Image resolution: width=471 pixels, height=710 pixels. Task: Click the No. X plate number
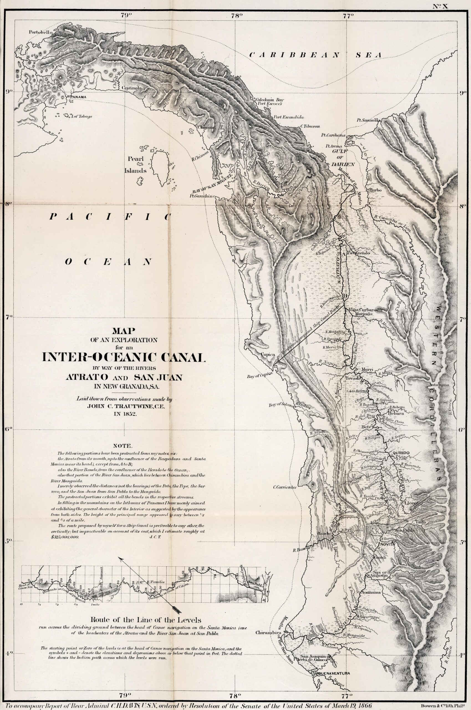click(x=440, y=6)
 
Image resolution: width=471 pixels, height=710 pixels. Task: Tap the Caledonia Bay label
click(x=269, y=100)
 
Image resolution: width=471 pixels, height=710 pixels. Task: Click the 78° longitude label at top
click(x=237, y=16)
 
